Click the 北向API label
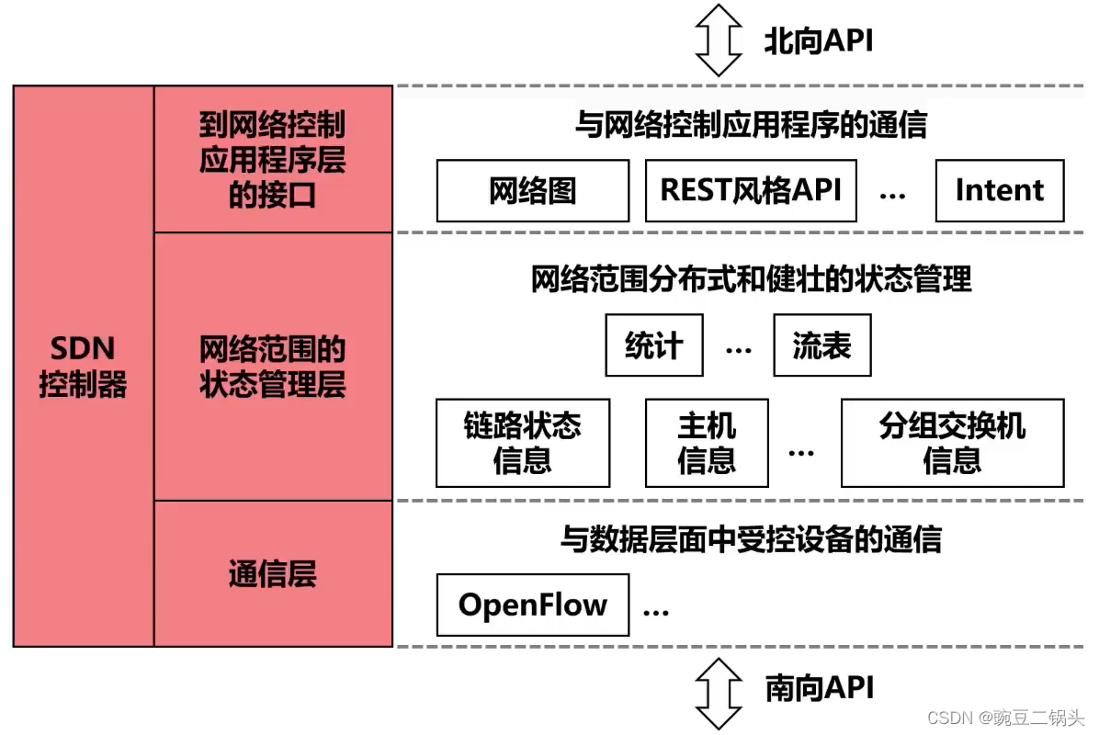click(818, 40)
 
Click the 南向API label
click(819, 687)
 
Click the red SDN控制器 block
click(83, 366)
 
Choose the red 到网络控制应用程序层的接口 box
click(273, 159)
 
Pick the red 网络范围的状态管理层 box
click(273, 366)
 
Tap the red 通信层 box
click(273, 573)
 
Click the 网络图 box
click(532, 190)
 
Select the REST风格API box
click(751, 190)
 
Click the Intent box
click(999, 190)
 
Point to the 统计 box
click(653, 345)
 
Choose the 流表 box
click(821, 345)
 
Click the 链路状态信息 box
click(522, 442)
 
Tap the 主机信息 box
click(706, 442)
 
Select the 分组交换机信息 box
click(952, 442)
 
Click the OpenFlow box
click(532, 605)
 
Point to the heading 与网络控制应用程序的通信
click(751, 124)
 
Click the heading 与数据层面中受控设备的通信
click(751, 539)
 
